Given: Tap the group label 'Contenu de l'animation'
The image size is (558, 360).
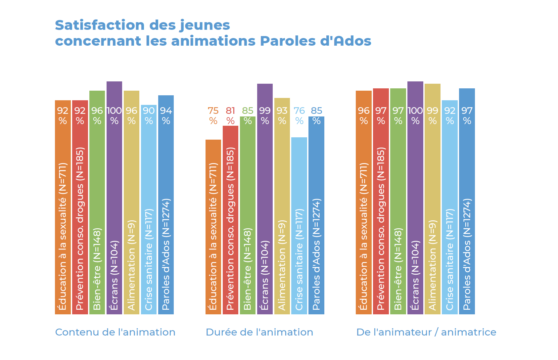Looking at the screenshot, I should pyautogui.click(x=115, y=332).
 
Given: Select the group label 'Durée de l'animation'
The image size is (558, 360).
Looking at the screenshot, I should pyautogui.click(x=259, y=332).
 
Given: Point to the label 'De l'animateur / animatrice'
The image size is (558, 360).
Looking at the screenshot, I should pyautogui.click(x=426, y=332).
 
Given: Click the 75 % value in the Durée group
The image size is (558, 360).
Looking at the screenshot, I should pyautogui.click(x=213, y=115).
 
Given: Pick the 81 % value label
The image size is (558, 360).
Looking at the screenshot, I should pyautogui.click(x=230, y=115).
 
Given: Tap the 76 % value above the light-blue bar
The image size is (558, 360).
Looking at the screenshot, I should pyautogui.click(x=299, y=115).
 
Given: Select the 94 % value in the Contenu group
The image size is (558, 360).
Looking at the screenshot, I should pyautogui.click(x=166, y=115).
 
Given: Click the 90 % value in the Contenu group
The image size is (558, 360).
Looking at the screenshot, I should pyautogui.click(x=149, y=115).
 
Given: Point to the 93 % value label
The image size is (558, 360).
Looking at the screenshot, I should pyautogui.click(x=282, y=115).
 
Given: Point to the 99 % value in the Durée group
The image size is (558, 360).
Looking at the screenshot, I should pyautogui.click(x=265, y=115).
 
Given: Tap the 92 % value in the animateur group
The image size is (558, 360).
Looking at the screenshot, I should pyautogui.click(x=450, y=115).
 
